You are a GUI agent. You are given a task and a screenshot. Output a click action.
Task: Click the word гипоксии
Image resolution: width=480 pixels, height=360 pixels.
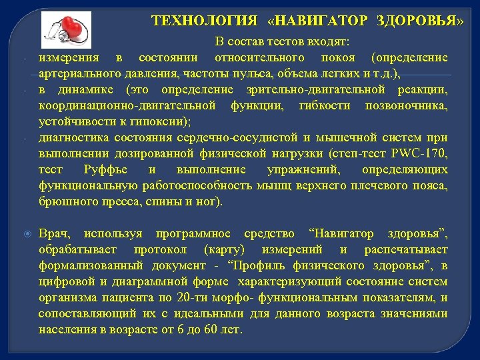pyautogui.click(x=160, y=122)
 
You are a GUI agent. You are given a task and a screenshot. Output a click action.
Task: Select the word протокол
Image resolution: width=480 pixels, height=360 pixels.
pyautogui.click(x=161, y=250)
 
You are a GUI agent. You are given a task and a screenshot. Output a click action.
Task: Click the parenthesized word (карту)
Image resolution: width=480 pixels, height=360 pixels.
pyautogui.click(x=223, y=250)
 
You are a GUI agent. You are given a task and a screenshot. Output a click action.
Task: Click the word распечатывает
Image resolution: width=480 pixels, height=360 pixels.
pyautogui.click(x=406, y=250)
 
